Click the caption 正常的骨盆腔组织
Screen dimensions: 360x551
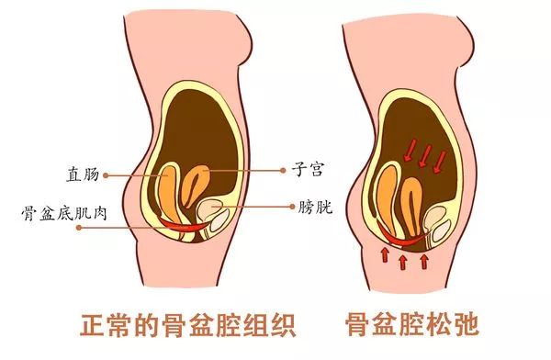point(159,324)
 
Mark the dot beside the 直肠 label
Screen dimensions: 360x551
point(107,172)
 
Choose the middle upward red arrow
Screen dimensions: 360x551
point(403,264)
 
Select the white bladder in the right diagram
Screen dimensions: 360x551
point(432,220)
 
